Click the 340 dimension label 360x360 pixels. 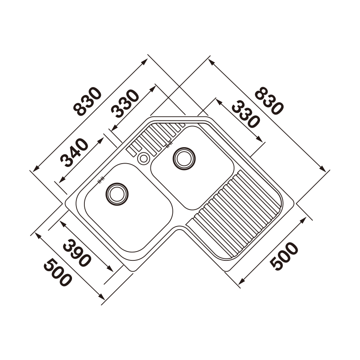point(74,152)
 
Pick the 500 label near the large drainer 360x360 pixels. point(284,256)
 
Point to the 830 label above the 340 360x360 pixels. point(89,101)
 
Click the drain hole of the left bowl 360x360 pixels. point(117,194)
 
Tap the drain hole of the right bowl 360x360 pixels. point(184,158)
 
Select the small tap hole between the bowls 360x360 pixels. point(143,158)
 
